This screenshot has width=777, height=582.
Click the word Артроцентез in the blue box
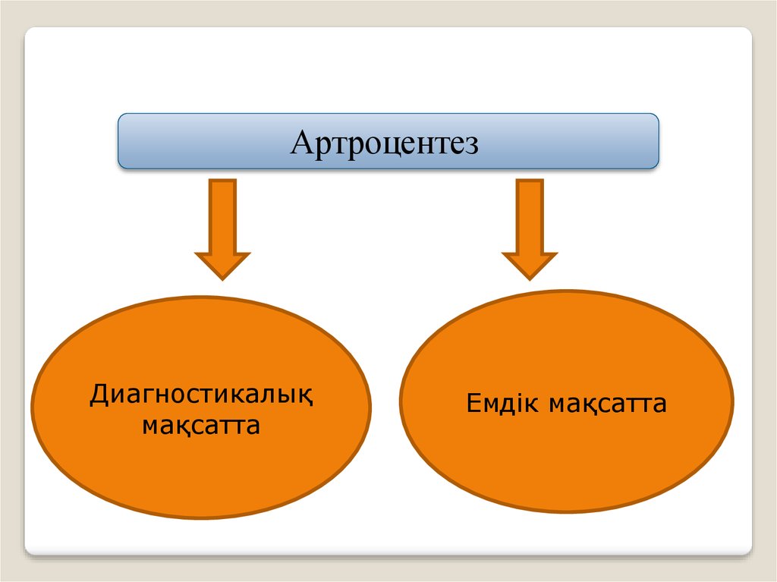click(x=385, y=143)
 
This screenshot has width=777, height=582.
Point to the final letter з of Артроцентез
click(x=471, y=144)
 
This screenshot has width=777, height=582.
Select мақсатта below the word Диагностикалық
click(x=201, y=426)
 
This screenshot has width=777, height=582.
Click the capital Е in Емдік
click(x=473, y=404)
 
